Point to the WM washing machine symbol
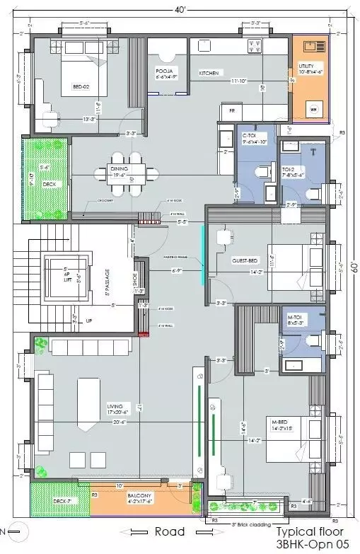coord(313,110)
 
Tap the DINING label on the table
coord(119,168)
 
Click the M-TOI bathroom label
coord(295,318)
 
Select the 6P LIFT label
coord(68,272)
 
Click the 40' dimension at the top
coord(182,10)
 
